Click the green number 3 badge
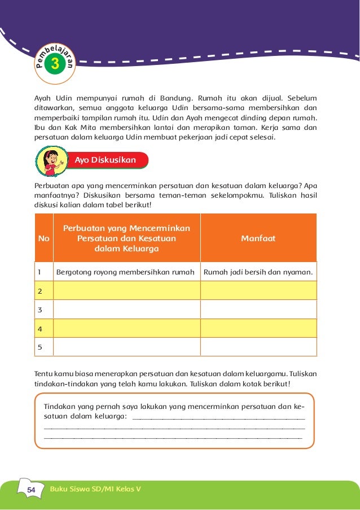[55, 64]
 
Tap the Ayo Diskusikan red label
[106, 160]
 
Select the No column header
[43, 238]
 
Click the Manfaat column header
[258, 238]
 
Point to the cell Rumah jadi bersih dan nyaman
[258, 272]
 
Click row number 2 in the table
[40, 291]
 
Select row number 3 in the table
[40, 310]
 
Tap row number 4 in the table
[40, 328]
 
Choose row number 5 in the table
[40, 347]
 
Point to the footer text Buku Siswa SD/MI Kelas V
[95, 489]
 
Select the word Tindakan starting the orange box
[60, 407]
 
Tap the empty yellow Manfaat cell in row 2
[258, 291]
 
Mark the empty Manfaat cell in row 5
[258, 347]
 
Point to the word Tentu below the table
[44, 374]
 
